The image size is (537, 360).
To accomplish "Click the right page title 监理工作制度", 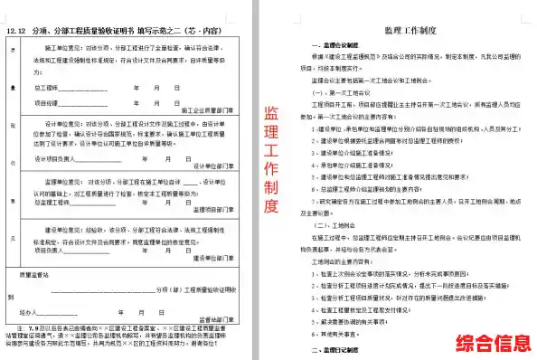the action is (x=411, y=29).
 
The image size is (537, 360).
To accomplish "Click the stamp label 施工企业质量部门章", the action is (x=209, y=115).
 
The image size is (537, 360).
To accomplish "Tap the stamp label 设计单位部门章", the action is (x=214, y=166).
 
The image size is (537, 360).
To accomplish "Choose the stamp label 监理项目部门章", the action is (x=214, y=209).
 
